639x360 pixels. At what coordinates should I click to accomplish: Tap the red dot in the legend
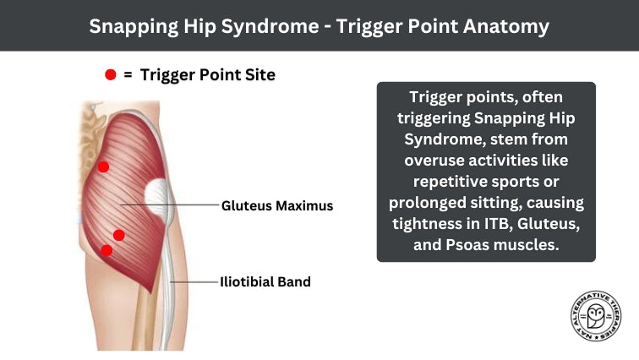pyautogui.click(x=110, y=75)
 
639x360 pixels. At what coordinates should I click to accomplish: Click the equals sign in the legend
pyautogui.click(x=128, y=75)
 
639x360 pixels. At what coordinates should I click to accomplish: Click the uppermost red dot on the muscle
pyautogui.click(x=103, y=166)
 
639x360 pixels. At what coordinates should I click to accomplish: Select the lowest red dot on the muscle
pyautogui.click(x=106, y=249)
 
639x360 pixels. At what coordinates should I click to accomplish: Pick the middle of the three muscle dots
pyautogui.click(x=119, y=234)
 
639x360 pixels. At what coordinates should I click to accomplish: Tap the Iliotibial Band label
pyautogui.click(x=265, y=281)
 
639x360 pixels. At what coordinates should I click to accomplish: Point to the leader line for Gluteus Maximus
pyautogui.click(x=169, y=205)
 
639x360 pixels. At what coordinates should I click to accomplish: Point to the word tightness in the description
pyautogui.click(x=424, y=224)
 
